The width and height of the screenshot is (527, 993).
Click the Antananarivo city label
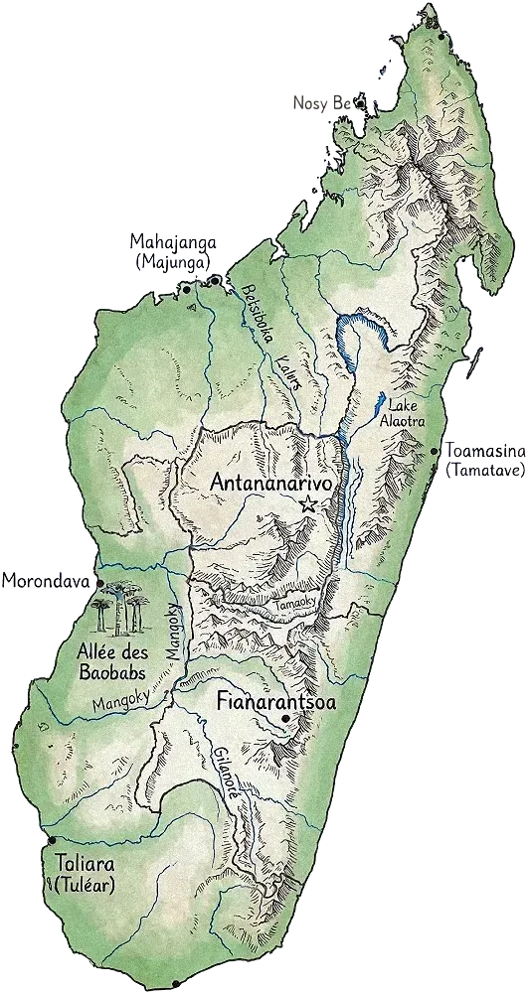[270, 482]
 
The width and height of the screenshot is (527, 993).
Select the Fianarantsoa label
[275, 702]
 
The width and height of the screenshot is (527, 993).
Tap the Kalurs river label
[286, 374]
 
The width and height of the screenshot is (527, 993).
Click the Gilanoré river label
[225, 764]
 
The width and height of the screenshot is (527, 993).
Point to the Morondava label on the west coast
[45, 579]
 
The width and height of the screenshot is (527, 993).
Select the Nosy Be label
[322, 102]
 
